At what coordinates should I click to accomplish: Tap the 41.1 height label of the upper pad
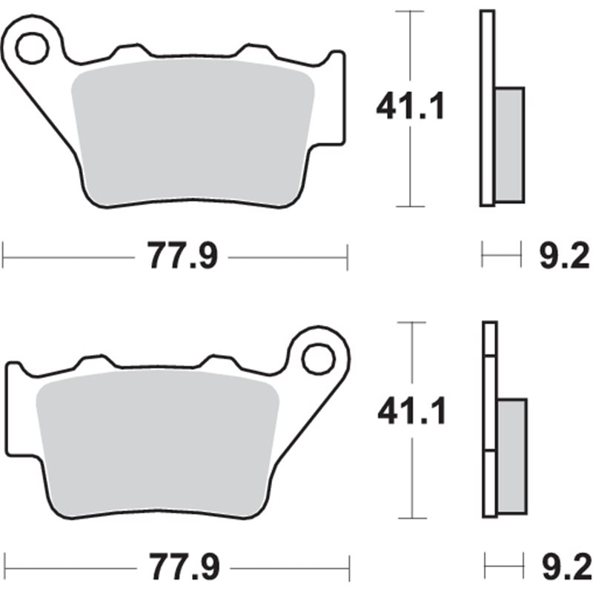click(x=410, y=108)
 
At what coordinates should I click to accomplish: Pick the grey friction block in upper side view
click(x=509, y=144)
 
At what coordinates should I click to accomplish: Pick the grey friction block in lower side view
click(x=511, y=456)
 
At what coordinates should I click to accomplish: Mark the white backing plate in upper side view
click(x=486, y=107)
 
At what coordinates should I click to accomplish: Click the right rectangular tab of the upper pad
click(x=337, y=96)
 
